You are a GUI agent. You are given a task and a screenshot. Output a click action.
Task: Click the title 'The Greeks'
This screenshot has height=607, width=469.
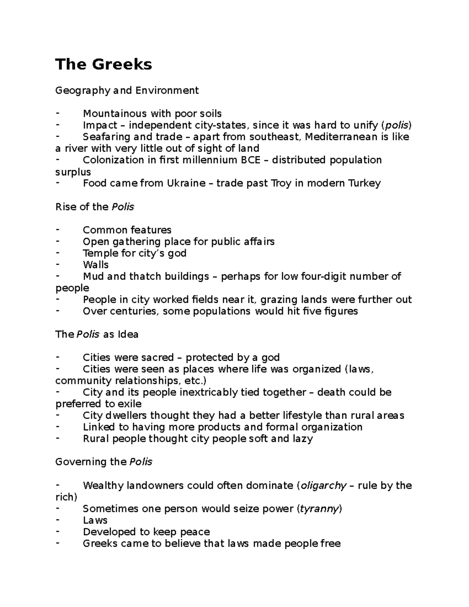click(x=104, y=64)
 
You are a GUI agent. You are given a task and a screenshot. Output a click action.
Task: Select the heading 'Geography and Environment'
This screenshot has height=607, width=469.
click(x=127, y=91)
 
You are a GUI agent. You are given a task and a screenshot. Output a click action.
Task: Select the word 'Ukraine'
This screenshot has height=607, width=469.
click(x=186, y=183)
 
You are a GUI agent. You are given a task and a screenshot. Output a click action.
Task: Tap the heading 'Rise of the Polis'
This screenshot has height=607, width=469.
click(x=95, y=207)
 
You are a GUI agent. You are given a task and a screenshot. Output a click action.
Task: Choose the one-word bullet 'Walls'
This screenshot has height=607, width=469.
click(x=96, y=265)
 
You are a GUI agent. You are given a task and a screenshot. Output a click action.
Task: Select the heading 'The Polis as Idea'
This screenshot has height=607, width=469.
click(x=97, y=335)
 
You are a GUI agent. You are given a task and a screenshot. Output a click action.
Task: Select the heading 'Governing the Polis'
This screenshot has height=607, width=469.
click(x=104, y=462)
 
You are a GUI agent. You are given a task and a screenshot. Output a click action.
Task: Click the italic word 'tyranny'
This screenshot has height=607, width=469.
click(x=319, y=509)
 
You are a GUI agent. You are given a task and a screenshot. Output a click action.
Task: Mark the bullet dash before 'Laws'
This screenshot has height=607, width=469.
click(x=58, y=520)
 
